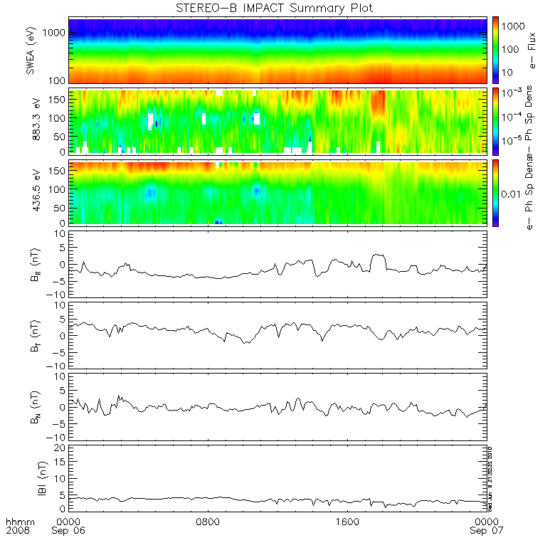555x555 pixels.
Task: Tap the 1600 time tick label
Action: [347, 521]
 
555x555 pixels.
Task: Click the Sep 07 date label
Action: [487, 531]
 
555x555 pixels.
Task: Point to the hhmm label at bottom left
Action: [16, 521]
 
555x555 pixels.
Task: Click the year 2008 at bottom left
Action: [16, 531]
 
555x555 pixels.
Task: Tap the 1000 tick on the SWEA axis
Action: [56, 33]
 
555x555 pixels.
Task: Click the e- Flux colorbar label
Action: [532, 52]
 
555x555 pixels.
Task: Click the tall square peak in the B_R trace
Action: [378, 255]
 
